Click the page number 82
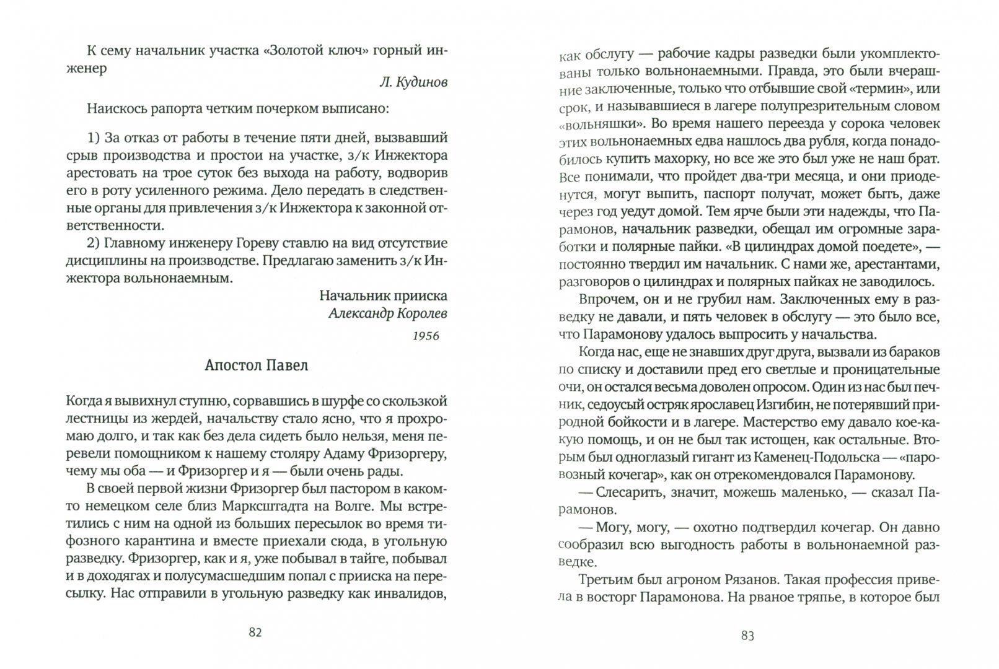[255, 632]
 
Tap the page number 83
[747, 636]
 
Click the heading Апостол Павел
[256, 365]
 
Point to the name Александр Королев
[387, 313]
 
